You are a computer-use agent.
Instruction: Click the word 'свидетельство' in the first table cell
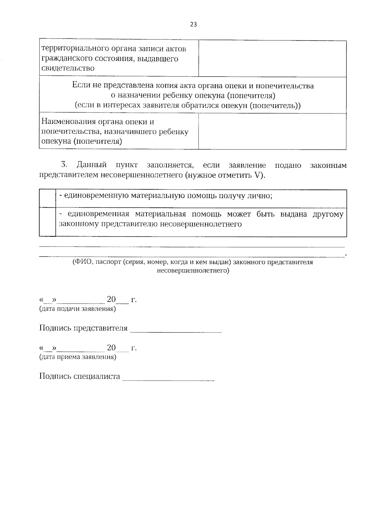(x=68, y=68)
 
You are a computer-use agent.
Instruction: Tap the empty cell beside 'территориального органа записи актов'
(x=272, y=59)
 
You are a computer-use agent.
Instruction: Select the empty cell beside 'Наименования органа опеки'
(x=272, y=131)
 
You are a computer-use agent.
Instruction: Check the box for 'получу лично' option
(x=47, y=199)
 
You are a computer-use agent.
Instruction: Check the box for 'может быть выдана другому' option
(x=47, y=222)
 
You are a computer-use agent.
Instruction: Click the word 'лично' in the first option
(x=261, y=196)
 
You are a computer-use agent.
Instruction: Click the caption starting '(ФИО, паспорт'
(x=193, y=262)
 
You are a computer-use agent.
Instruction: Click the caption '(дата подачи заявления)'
(x=77, y=309)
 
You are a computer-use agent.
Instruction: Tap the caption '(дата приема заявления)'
(x=78, y=357)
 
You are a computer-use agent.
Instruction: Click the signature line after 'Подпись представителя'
(x=176, y=332)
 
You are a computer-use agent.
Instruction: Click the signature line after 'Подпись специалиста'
(x=168, y=380)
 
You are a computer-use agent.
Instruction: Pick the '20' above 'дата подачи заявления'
(x=111, y=299)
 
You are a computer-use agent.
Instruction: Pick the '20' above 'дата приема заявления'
(x=111, y=348)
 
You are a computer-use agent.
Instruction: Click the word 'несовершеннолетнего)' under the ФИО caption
(x=193, y=271)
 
